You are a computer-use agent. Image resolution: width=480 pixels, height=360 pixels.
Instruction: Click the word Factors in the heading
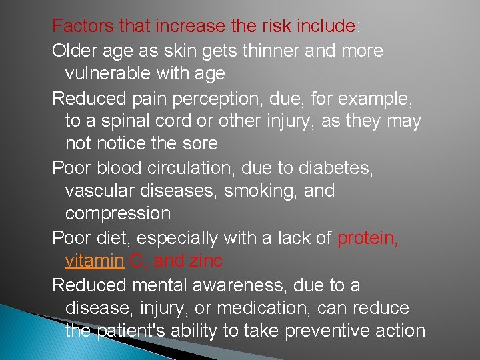77,27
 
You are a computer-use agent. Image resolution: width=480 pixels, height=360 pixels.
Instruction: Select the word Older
73,51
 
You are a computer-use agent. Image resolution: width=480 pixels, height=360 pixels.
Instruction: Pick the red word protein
367,238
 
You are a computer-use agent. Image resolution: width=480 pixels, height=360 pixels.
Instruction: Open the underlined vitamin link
94,261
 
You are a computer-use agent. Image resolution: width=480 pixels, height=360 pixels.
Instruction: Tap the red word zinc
205,261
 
